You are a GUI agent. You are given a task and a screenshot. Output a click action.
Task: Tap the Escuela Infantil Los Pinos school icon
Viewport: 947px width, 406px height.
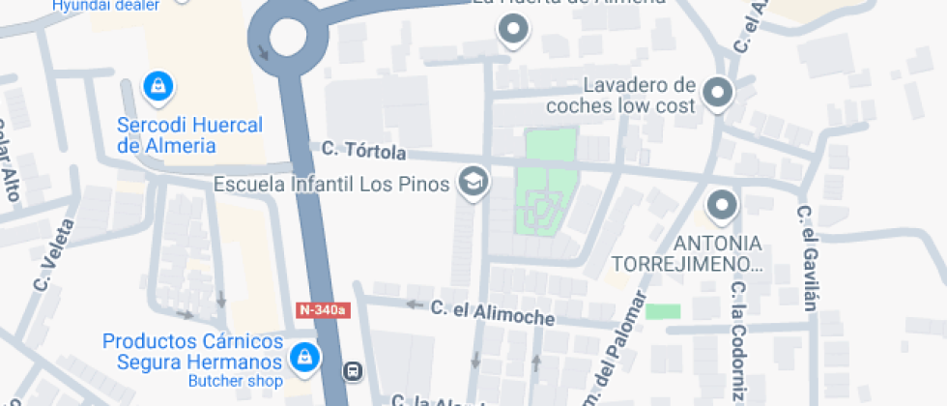473,181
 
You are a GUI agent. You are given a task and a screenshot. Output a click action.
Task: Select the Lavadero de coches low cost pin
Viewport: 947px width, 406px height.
717,93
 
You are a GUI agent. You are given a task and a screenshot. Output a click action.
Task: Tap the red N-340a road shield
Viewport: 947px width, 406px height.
323,310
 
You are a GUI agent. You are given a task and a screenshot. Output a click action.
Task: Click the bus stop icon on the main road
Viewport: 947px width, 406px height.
354,370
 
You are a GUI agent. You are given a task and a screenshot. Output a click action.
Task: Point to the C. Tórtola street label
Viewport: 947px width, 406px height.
363,151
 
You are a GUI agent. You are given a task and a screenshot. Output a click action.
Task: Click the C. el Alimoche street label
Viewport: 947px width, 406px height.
493,312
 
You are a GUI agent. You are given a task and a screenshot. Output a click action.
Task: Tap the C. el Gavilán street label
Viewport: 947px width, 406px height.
808,258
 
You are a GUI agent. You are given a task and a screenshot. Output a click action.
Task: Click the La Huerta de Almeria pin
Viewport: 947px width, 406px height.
513,30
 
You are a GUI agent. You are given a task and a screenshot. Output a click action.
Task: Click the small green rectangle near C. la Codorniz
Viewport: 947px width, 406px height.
663,311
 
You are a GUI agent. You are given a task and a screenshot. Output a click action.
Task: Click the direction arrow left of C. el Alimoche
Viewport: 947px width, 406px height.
416,304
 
